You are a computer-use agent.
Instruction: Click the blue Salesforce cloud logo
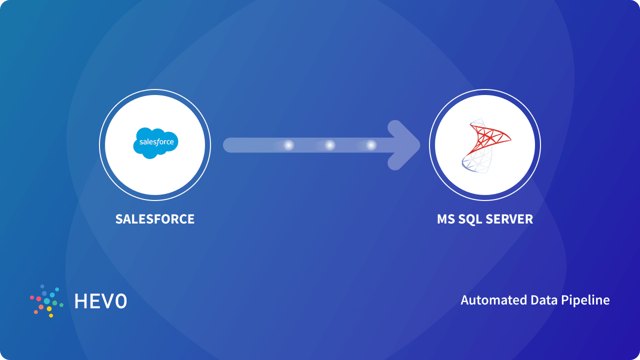[155, 143]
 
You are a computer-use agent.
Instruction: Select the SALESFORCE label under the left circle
[155, 219]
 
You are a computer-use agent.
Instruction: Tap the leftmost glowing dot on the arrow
[288, 145]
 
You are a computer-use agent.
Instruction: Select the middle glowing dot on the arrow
[330, 145]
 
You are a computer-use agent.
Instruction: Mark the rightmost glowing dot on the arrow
[371, 145]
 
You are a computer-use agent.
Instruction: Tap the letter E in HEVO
[95, 300]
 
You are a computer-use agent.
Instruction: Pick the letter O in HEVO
[121, 300]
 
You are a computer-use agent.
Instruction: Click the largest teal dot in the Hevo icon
[47, 301]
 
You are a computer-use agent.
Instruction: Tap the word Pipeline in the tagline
[586, 300]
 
